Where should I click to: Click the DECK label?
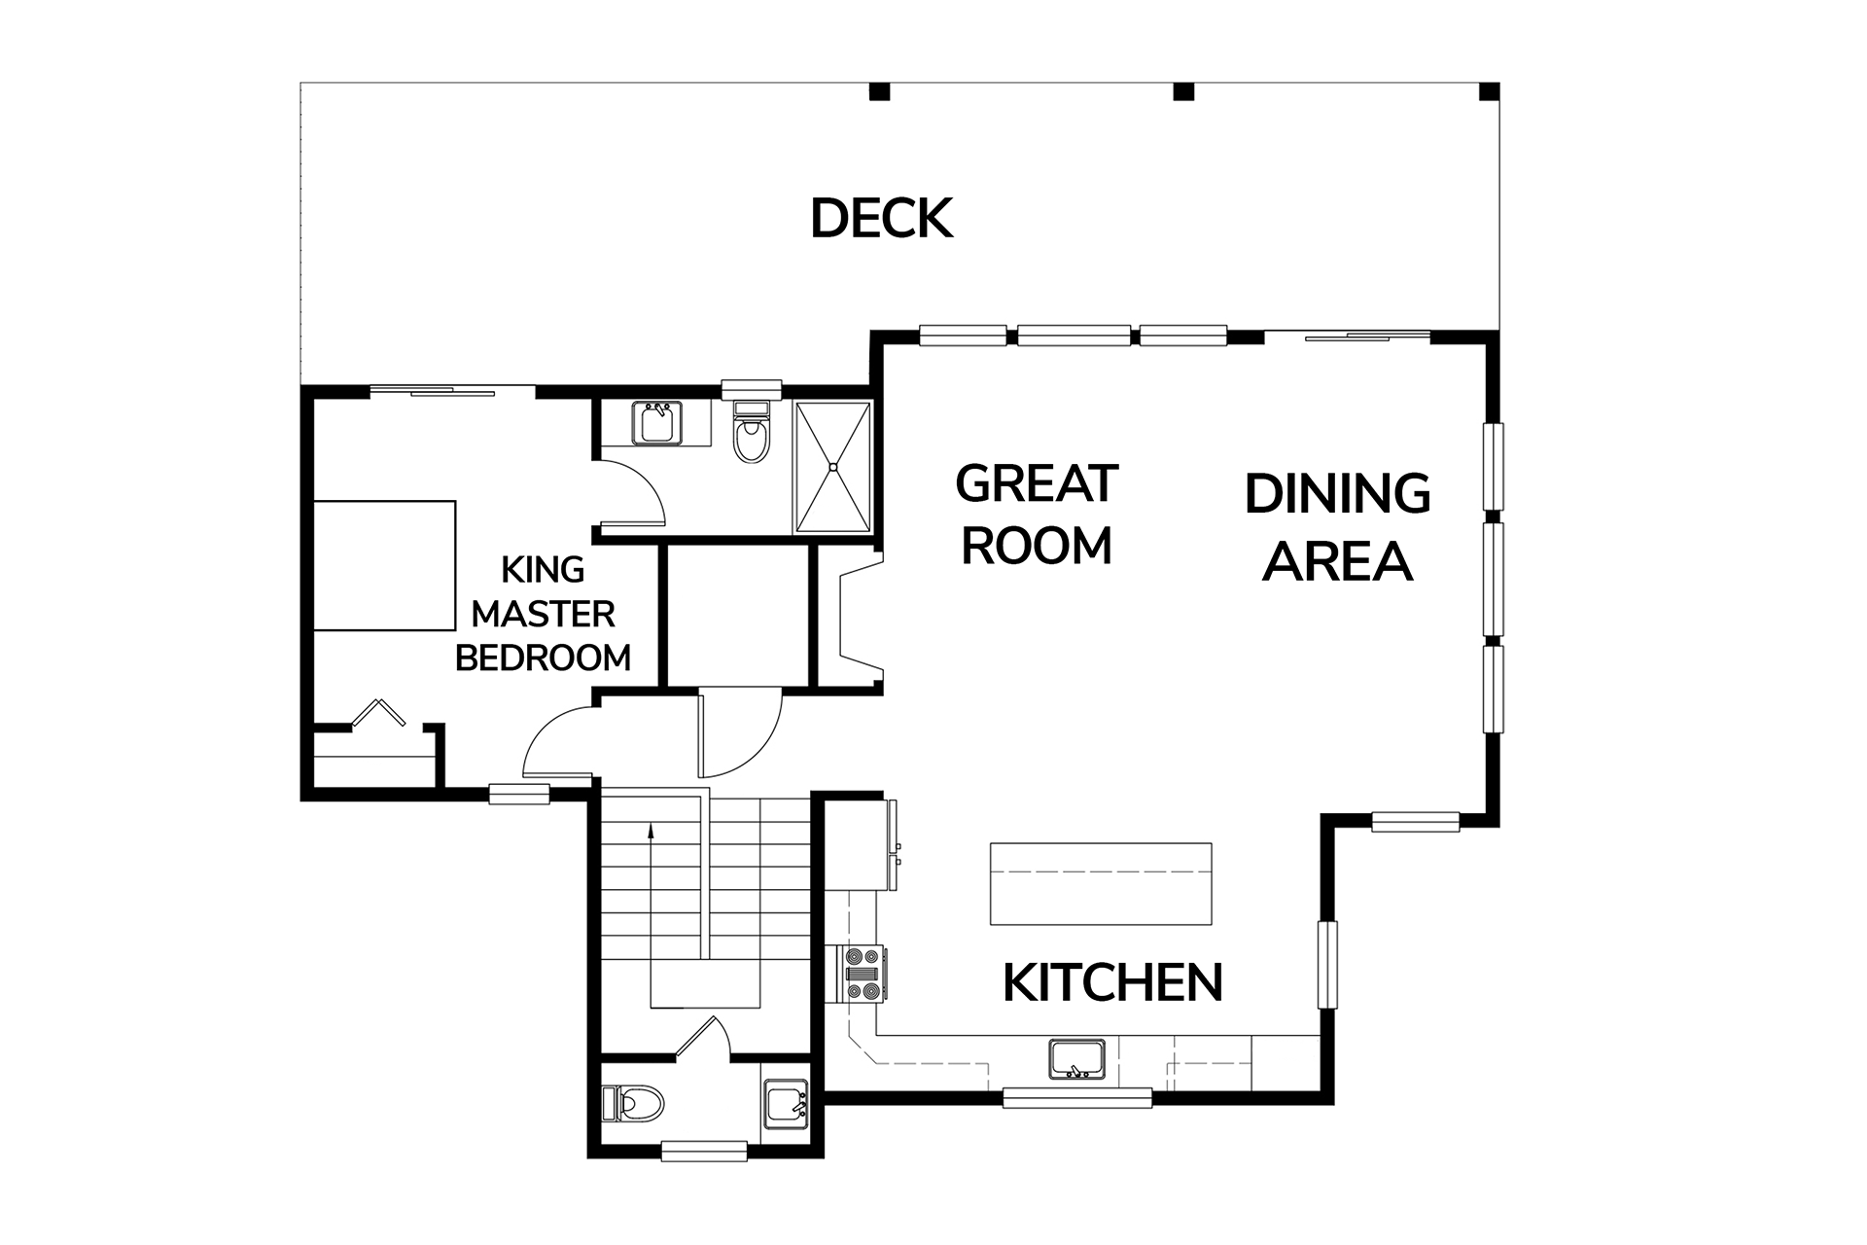pyautogui.click(x=881, y=219)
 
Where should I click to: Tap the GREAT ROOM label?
pyautogui.click(x=1037, y=514)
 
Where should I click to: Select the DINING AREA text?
pyautogui.click(x=1337, y=526)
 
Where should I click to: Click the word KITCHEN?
pyautogui.click(x=1112, y=982)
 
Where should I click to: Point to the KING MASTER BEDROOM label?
pyautogui.click(x=543, y=614)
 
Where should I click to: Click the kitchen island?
pyautogui.click(x=1101, y=883)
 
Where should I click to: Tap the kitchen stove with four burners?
pyautogui.click(x=863, y=974)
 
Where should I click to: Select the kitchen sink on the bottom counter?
pyautogui.click(x=1076, y=1058)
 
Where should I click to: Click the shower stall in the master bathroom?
pyautogui.click(x=833, y=467)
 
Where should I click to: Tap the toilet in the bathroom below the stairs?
pyautogui.click(x=633, y=1104)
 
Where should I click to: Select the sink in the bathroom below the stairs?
pyautogui.click(x=785, y=1104)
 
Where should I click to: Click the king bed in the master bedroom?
pyautogui.click(x=385, y=565)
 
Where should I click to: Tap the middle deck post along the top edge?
pyautogui.click(x=1182, y=91)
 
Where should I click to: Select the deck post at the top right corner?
pyautogui.click(x=1490, y=91)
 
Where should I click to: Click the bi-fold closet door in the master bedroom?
pyautogui.click(x=379, y=712)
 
